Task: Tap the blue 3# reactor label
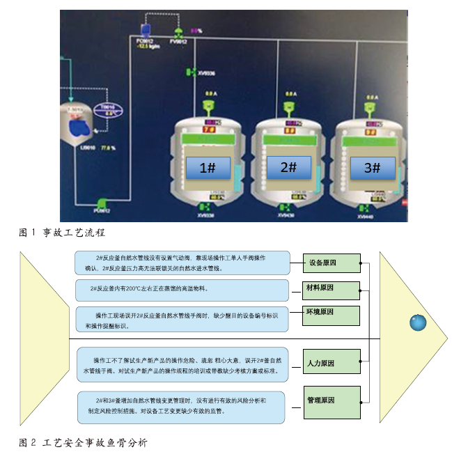coord(372,168)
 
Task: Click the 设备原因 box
coord(331,263)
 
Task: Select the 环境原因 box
coord(331,314)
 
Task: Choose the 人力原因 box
coord(331,364)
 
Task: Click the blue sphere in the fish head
coord(417,322)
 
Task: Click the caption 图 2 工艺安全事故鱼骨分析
coord(83,442)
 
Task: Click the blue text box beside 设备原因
coord(182,263)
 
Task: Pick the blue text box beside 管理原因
coord(182,407)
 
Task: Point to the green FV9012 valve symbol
coord(179,33)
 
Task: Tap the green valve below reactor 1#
coord(206,207)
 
